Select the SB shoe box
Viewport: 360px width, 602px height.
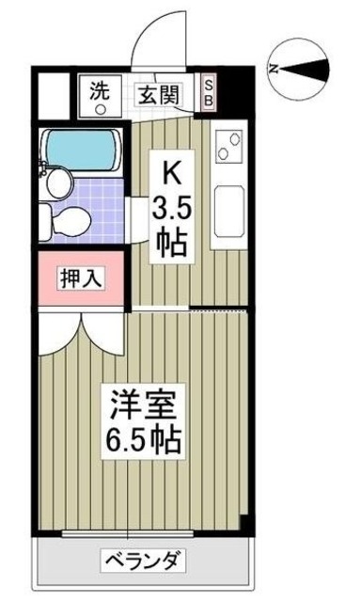click(209, 92)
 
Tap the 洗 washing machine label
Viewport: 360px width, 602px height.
click(99, 91)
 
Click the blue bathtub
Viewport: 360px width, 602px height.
click(83, 148)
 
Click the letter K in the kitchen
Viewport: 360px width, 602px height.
click(172, 171)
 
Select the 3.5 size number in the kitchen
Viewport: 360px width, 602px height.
click(172, 206)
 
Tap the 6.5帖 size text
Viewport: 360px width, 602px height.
click(142, 438)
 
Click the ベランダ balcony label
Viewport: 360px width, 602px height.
click(142, 562)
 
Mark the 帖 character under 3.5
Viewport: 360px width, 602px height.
click(172, 242)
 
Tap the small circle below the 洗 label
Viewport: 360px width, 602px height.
click(99, 107)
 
